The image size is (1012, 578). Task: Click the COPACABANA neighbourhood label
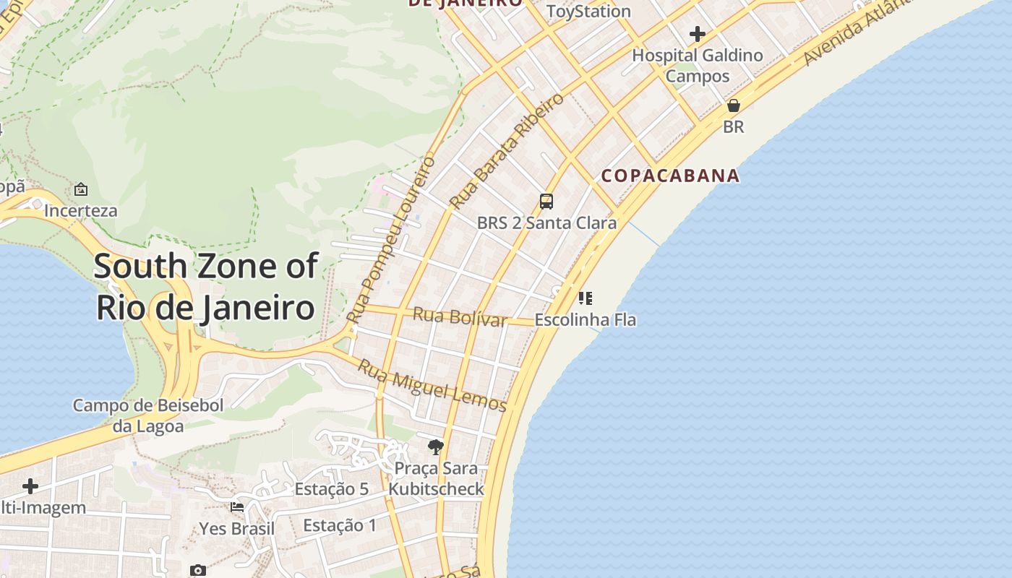(670, 176)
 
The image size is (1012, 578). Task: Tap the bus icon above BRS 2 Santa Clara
(546, 202)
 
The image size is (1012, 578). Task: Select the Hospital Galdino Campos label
(698, 65)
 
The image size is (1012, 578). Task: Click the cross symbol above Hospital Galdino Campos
(698, 34)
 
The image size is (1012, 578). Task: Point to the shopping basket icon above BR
(734, 105)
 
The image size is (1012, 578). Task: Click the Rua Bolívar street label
(460, 317)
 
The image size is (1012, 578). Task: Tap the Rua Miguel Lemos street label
(432, 386)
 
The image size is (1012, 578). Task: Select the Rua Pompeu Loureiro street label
(391, 239)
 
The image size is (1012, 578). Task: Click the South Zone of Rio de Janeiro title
(205, 287)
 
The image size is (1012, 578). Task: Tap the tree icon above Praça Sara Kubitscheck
(435, 447)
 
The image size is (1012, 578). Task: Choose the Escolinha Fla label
(586, 319)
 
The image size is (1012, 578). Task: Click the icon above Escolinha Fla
(586, 298)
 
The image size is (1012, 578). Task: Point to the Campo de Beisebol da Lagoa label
(148, 415)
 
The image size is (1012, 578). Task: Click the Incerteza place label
(80, 211)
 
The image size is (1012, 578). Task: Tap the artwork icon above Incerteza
(81, 189)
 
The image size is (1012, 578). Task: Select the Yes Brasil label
(237, 528)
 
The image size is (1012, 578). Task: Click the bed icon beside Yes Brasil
(237, 506)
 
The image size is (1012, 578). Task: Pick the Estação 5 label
(332, 489)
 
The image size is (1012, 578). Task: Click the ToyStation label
(588, 12)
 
